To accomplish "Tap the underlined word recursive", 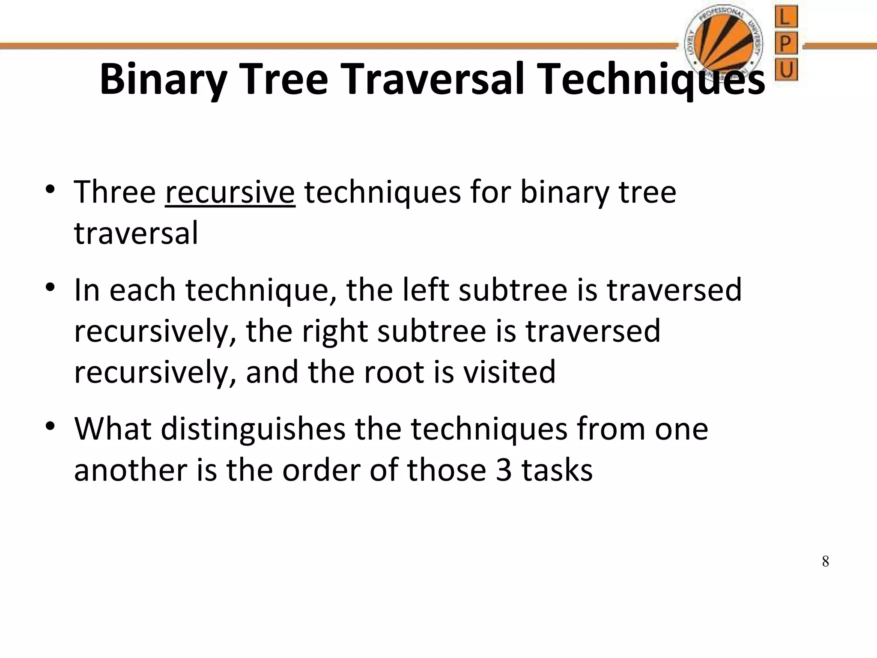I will [x=230, y=192].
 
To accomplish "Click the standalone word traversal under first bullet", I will [x=136, y=233].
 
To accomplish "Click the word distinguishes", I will [x=253, y=429].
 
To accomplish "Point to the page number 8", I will [x=825, y=561].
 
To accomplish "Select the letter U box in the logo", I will [x=785, y=69].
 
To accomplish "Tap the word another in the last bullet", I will [x=131, y=470].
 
